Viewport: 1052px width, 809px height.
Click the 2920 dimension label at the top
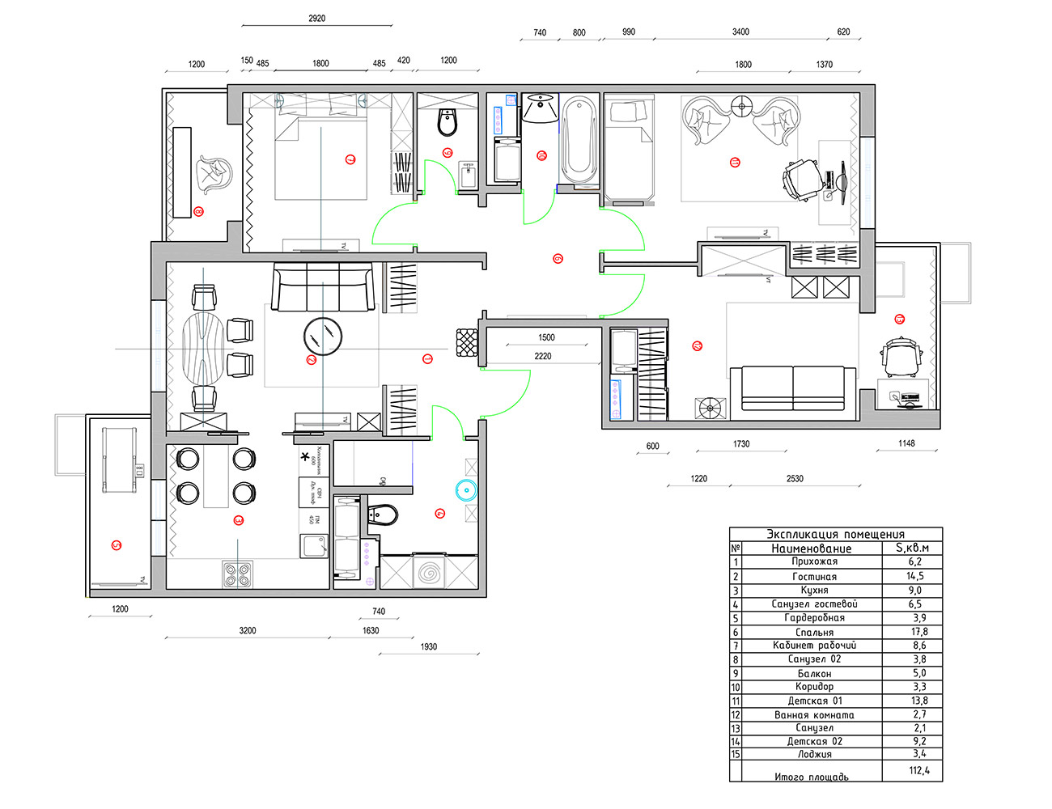coord(316,18)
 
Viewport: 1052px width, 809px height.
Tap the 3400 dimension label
coord(740,32)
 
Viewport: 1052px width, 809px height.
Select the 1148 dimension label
coord(906,443)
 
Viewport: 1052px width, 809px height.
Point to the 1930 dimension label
coord(429,646)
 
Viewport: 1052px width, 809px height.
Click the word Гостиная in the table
coord(814,577)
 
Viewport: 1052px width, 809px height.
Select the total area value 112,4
coord(919,770)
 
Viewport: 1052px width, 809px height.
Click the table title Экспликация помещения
coord(835,534)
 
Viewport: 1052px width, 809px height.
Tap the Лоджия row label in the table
coord(814,754)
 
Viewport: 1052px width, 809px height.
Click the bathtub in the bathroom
coord(579,142)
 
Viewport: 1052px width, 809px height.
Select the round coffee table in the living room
coord(323,336)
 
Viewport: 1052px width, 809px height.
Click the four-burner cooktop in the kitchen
coord(238,574)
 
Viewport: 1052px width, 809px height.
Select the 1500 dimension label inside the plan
coord(546,337)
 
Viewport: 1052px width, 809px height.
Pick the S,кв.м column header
coord(912,548)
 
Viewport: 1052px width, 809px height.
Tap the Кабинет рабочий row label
coord(814,646)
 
